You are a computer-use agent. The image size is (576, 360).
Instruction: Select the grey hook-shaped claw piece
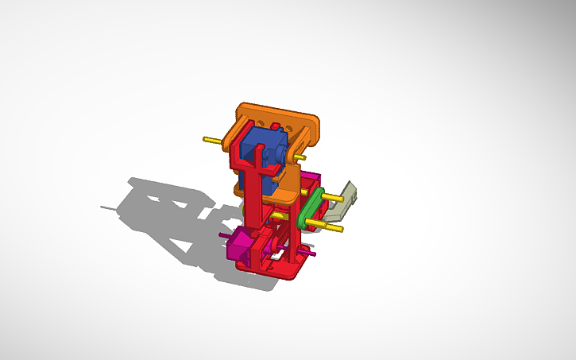pyautogui.click(x=344, y=200)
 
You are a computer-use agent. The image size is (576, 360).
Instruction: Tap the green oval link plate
pyautogui.click(x=311, y=207)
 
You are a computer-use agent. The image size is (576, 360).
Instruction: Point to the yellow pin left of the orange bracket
pyautogui.click(x=212, y=140)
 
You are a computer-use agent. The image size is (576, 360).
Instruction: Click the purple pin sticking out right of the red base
pyautogui.click(x=311, y=254)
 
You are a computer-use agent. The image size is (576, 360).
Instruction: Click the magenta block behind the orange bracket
pyautogui.click(x=309, y=179)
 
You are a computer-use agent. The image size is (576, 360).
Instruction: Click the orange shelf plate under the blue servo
pyautogui.click(x=286, y=191)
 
